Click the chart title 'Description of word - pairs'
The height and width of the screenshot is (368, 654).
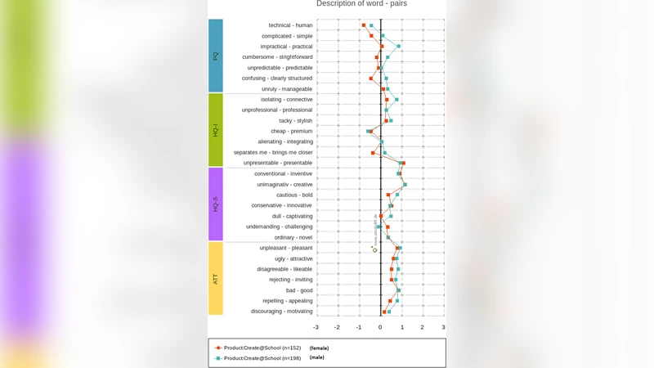361,4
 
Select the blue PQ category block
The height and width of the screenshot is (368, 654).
216,56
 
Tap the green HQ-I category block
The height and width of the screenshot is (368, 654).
216,130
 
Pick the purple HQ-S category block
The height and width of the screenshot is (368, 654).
216,204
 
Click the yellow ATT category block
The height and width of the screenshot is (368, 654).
216,278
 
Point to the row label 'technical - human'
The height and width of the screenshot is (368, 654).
290,25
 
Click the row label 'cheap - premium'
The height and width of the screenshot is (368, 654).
291,131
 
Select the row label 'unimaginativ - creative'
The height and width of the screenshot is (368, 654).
284,185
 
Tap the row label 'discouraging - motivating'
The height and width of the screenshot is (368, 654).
281,312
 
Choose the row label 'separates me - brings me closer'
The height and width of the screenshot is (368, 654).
272,152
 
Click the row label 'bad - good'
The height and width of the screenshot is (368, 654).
298,290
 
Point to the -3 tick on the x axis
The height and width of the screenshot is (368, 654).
316,327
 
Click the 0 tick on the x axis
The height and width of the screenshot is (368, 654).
380,327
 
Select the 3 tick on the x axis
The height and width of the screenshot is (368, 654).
444,327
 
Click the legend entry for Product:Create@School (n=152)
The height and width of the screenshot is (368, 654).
262,348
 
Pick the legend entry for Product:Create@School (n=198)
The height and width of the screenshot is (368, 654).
262,358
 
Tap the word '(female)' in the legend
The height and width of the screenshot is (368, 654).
319,348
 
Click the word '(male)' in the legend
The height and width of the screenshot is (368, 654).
316,357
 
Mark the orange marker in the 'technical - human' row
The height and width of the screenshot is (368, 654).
364,25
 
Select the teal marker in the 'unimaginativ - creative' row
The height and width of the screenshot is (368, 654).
405,185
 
